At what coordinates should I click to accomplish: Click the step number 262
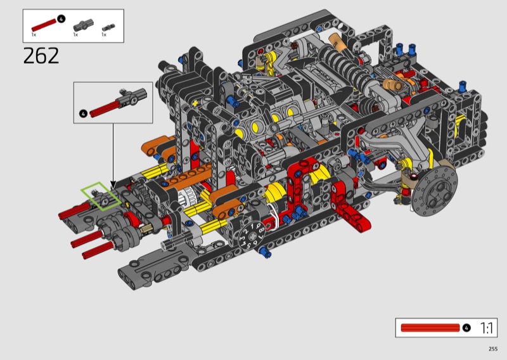point(41,56)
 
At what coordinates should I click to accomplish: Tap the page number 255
point(493,349)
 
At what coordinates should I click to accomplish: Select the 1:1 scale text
point(486,328)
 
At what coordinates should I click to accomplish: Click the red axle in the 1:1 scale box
point(430,328)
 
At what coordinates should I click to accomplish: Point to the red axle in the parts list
point(44,25)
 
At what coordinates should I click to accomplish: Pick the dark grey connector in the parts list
point(84,25)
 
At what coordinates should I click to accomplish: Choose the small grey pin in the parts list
point(108,28)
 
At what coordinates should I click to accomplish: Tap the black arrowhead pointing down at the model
point(113,186)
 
